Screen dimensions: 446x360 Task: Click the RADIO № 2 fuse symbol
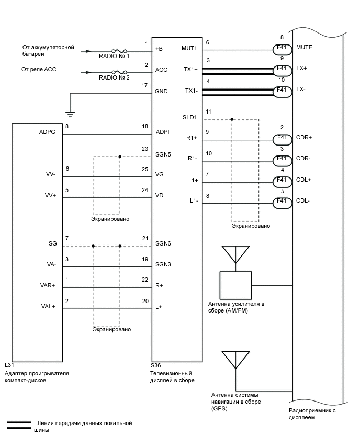coord(121,73)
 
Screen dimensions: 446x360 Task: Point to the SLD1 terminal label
coord(189,118)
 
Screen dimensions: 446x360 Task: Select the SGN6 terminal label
coord(164,244)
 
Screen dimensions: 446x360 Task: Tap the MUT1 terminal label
coord(189,48)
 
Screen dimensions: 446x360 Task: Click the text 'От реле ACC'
coord(38,69)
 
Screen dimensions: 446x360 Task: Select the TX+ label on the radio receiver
coord(301,69)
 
